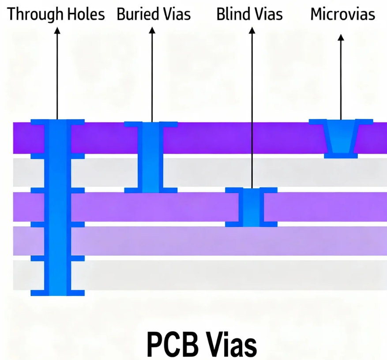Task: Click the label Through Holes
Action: (x=56, y=14)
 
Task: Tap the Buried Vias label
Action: (x=154, y=14)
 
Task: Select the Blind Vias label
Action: (x=249, y=14)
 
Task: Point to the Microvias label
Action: (x=342, y=14)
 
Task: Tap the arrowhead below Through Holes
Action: (x=57, y=31)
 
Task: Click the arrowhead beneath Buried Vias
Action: (x=152, y=31)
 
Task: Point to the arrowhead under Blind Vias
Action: (x=252, y=31)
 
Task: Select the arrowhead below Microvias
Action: (x=340, y=38)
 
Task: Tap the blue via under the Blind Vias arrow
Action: (x=252, y=207)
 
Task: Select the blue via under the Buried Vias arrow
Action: (x=151, y=158)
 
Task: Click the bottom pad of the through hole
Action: (x=57, y=292)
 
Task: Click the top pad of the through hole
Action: (x=57, y=121)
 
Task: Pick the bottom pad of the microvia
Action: (x=340, y=155)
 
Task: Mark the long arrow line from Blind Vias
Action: (x=252, y=110)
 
